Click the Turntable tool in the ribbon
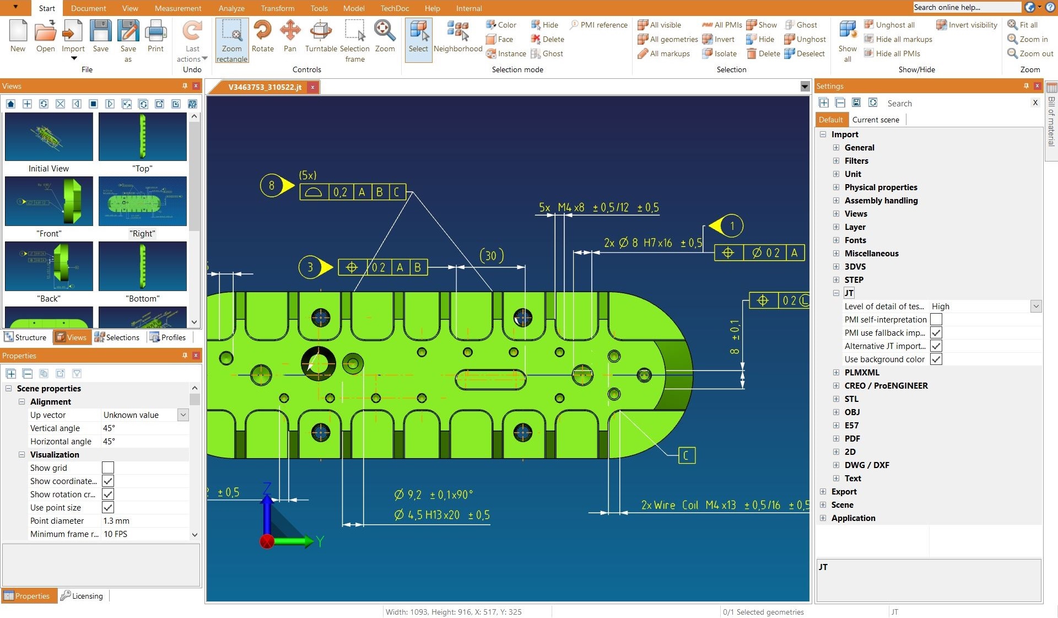pyautogui.click(x=321, y=36)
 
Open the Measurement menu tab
pyautogui.click(x=177, y=8)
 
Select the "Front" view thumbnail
pyautogui.click(x=49, y=201)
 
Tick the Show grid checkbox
pyautogui.click(x=108, y=468)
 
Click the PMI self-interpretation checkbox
pyautogui.click(x=936, y=320)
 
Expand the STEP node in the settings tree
pyautogui.click(x=836, y=280)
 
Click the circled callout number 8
pyautogui.click(x=271, y=186)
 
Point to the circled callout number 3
pyautogui.click(x=310, y=267)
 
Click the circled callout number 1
pyautogui.click(x=732, y=226)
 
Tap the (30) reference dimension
pyautogui.click(x=491, y=256)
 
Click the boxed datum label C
pyautogui.click(x=686, y=455)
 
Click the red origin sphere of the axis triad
pyautogui.click(x=267, y=541)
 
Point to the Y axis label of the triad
pyautogui.click(x=320, y=541)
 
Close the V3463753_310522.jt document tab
pyautogui.click(x=312, y=87)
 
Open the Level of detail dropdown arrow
pyautogui.click(x=1035, y=307)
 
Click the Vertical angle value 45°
pyautogui.click(x=109, y=428)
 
